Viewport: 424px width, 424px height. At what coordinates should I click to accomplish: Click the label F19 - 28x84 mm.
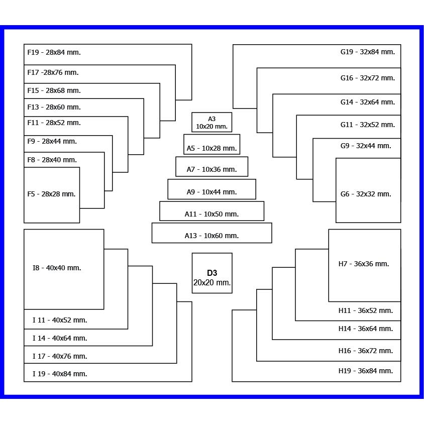(54, 52)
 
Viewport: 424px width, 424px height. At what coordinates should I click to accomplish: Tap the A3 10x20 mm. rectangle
(211, 122)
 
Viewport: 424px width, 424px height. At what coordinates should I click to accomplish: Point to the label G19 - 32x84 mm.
(367, 52)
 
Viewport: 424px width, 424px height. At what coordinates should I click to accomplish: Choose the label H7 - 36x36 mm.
(364, 264)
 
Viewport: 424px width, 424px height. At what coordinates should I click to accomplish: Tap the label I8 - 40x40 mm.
(57, 268)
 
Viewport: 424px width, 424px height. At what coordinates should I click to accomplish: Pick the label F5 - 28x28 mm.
(51, 194)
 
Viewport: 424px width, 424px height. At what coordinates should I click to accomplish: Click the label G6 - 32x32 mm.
(366, 194)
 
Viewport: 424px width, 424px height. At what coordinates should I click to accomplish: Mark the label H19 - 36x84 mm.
(366, 371)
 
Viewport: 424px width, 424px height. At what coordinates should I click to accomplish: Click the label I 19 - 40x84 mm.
(60, 374)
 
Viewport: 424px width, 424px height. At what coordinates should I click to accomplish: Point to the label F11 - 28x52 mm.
(54, 123)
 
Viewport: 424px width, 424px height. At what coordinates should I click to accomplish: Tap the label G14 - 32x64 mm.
(367, 102)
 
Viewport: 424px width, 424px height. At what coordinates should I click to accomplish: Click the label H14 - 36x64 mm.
(366, 329)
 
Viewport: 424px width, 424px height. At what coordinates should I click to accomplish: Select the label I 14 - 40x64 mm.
(60, 338)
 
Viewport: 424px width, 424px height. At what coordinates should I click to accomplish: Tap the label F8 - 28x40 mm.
(52, 160)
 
